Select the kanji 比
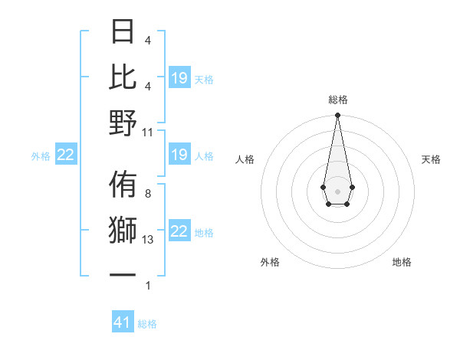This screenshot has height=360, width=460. (x=123, y=77)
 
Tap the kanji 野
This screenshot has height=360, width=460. (x=123, y=123)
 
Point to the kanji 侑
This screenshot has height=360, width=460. (x=123, y=185)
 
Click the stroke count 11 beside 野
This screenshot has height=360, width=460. (x=149, y=132)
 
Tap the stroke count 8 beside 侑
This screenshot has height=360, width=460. (x=148, y=194)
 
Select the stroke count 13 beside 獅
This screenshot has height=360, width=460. (x=149, y=240)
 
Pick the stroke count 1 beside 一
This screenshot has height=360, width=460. (x=148, y=286)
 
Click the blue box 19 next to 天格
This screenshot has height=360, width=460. (x=179, y=78)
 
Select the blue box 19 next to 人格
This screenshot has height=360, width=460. (x=179, y=155)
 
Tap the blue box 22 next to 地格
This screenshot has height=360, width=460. (x=179, y=231)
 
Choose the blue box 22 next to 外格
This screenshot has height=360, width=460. (x=66, y=155)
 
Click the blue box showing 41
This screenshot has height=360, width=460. (x=123, y=322)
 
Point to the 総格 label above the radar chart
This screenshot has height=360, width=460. (x=337, y=100)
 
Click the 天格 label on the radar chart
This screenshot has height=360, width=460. (x=432, y=159)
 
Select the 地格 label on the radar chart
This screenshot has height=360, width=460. (x=402, y=262)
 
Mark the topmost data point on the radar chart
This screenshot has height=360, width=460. (x=337, y=116)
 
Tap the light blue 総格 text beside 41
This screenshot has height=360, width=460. (x=147, y=324)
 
